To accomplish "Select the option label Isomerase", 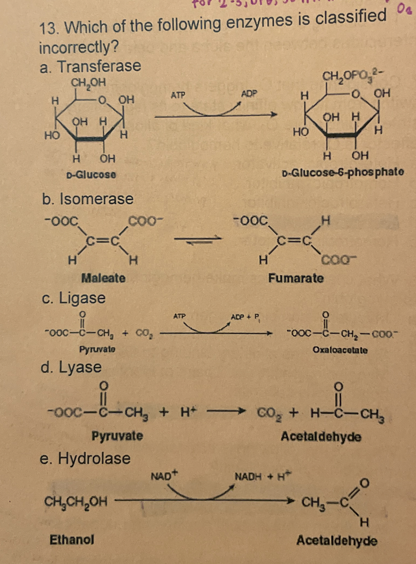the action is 96,199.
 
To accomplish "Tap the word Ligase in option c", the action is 82,298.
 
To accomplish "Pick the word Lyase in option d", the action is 80,367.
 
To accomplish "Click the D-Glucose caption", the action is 91,175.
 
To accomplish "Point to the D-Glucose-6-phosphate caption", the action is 343,172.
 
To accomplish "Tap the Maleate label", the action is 104,278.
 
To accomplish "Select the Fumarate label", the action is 296,278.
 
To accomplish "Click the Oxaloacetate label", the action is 340,350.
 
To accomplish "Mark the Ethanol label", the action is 72,540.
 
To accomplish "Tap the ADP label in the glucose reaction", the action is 249,94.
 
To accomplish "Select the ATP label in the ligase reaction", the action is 179,316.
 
